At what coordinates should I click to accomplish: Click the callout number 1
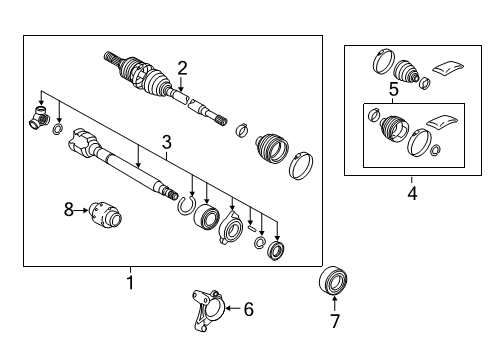click(128, 283)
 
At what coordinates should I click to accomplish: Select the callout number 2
click(182, 68)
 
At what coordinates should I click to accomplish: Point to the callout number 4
click(410, 193)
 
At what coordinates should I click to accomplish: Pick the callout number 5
click(394, 90)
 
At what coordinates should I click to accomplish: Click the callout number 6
click(248, 310)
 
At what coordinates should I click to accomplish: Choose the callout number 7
click(335, 321)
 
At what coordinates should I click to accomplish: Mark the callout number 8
click(69, 209)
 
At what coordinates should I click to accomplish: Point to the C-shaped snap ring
click(184, 206)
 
